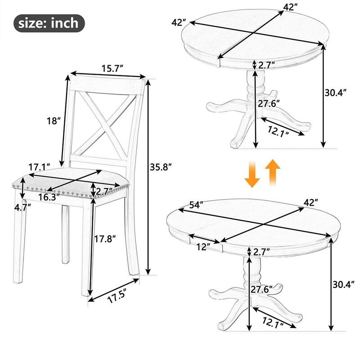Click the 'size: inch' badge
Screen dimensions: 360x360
click(49, 23)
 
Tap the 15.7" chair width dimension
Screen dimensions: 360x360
click(112, 68)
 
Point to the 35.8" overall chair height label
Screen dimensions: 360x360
click(161, 167)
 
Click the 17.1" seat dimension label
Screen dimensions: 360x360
click(40, 167)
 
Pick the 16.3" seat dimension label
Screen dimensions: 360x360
click(49, 197)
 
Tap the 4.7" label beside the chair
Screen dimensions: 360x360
click(22, 208)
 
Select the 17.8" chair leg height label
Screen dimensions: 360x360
click(105, 239)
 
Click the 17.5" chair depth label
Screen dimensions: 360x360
click(117, 296)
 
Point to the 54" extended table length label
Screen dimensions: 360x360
click(197, 205)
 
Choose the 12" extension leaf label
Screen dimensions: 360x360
click(203, 247)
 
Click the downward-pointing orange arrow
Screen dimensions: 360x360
click(252, 174)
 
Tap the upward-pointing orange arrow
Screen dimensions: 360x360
click(273, 172)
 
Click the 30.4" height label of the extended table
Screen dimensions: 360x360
click(344, 285)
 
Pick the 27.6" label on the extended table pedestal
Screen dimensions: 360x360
click(261, 289)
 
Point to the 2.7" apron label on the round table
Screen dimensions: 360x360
click(266, 65)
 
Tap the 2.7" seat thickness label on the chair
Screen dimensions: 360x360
click(104, 192)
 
